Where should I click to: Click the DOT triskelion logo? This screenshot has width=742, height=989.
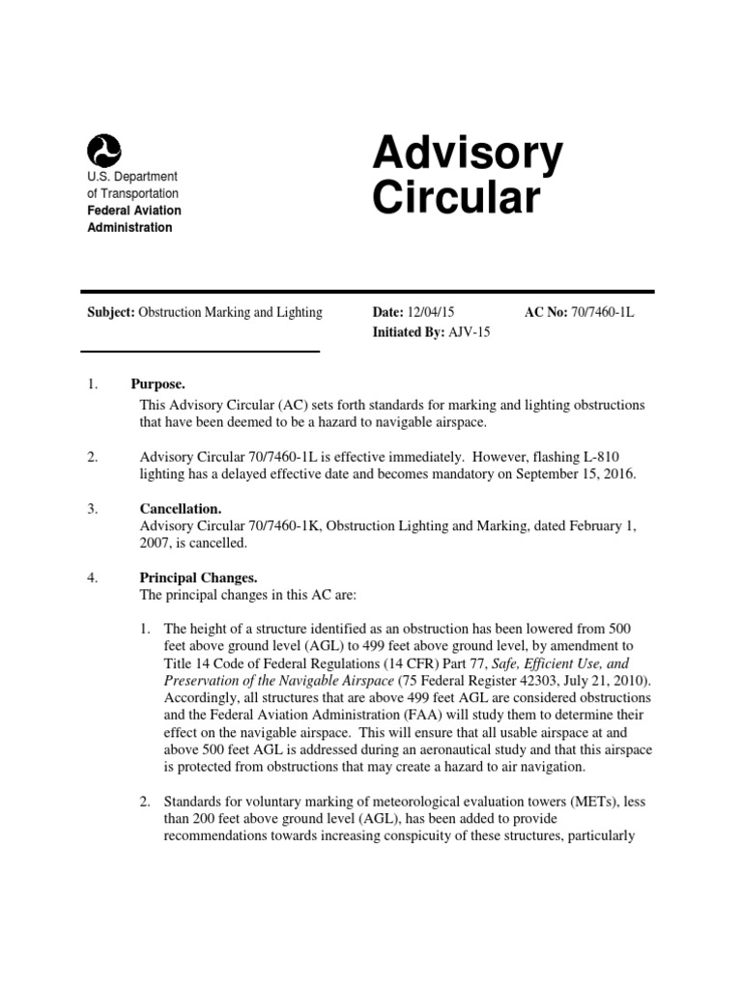(x=103, y=151)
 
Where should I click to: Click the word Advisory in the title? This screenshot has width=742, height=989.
(x=468, y=154)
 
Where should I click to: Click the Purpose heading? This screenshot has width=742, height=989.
(x=158, y=384)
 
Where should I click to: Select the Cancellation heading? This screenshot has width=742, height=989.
(x=181, y=508)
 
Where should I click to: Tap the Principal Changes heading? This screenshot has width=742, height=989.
(x=198, y=578)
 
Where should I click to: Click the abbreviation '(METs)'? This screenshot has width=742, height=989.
(x=591, y=802)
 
